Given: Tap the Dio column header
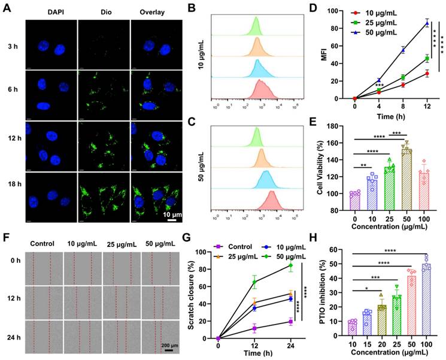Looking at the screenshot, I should [104, 11].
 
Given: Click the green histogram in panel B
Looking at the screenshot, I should [256, 27].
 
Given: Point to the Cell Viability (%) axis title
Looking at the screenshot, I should [322, 170].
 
